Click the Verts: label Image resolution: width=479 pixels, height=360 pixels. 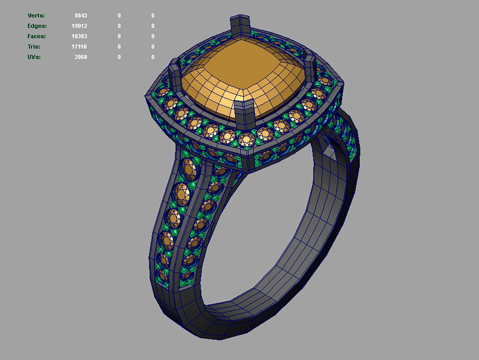(x=36, y=16)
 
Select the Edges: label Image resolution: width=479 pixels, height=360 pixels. (x=37, y=26)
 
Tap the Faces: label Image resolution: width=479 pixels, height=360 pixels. (x=37, y=36)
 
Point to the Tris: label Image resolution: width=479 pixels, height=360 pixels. (x=34, y=47)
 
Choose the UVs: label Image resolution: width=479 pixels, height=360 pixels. (x=34, y=57)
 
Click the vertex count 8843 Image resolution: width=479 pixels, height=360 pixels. (x=81, y=16)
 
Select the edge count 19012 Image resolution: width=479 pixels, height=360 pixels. (x=79, y=26)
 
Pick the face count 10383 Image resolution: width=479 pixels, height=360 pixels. (x=79, y=36)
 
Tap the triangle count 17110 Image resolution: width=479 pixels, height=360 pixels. (x=79, y=47)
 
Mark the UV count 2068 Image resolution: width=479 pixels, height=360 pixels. (x=81, y=57)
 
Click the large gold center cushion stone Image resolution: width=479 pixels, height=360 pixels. (x=243, y=77)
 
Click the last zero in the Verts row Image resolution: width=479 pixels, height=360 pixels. (x=153, y=16)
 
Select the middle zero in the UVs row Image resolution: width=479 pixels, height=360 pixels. (x=119, y=57)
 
